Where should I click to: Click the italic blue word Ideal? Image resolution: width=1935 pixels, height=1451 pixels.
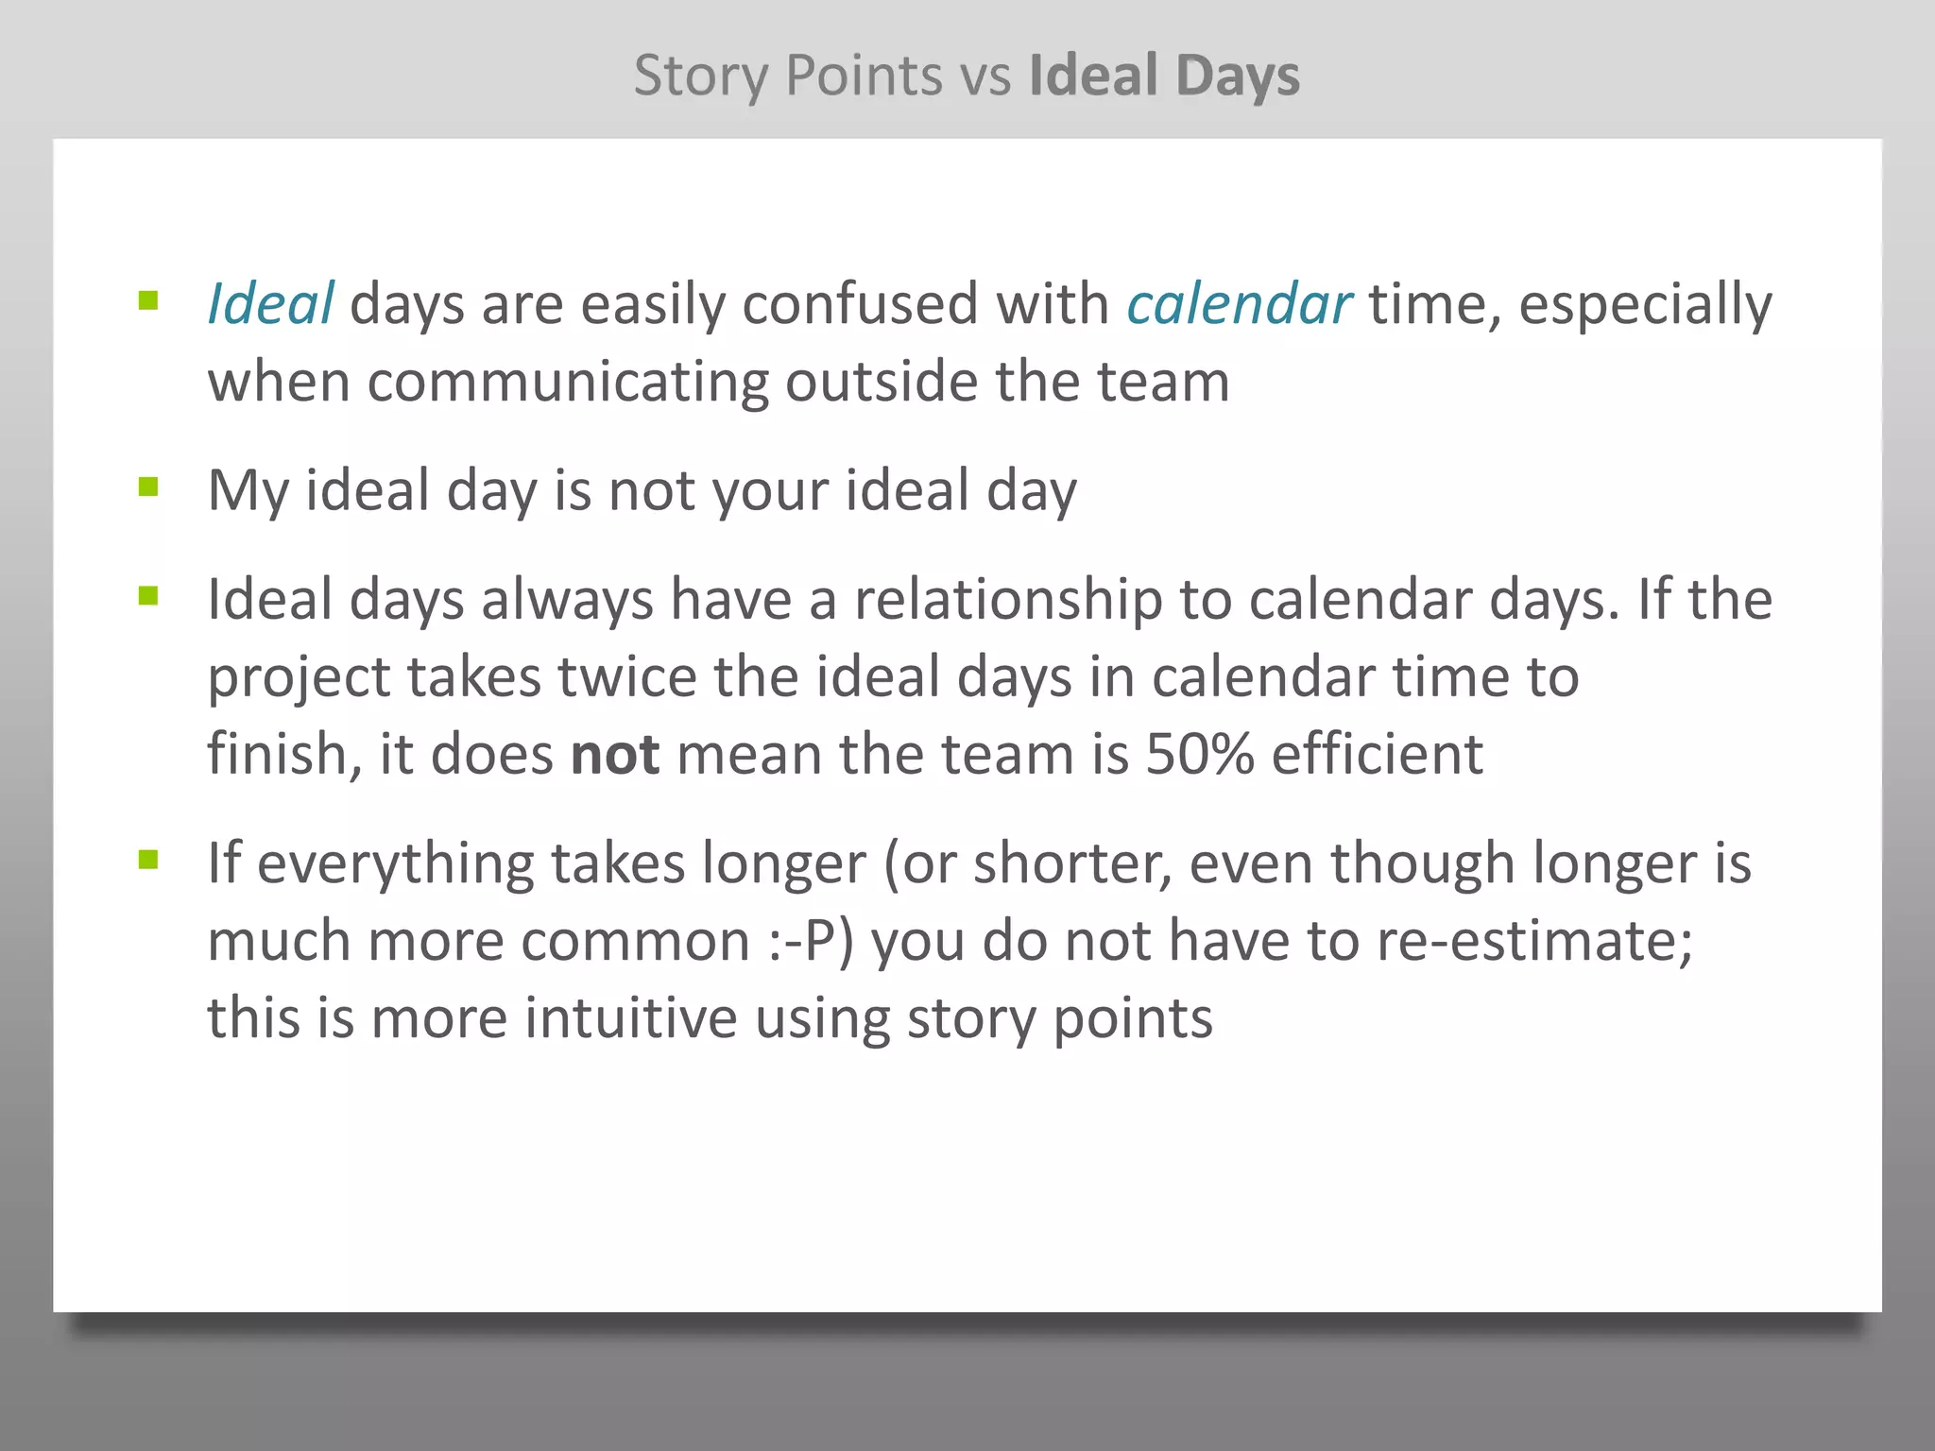click(x=270, y=304)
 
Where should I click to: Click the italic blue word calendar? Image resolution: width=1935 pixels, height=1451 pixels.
click(x=1239, y=304)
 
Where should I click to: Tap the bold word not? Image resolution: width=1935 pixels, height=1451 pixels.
click(x=615, y=755)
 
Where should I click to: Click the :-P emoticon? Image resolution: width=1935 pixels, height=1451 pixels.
click(x=810, y=942)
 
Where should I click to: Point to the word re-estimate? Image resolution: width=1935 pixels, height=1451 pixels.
click(x=1533, y=942)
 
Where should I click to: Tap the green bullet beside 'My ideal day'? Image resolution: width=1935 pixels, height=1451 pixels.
click(x=148, y=487)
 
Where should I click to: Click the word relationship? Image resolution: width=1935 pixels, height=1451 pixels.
click(x=1008, y=601)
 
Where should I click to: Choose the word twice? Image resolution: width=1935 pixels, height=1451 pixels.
click(x=627, y=677)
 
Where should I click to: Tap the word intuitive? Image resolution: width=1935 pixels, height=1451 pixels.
click(x=630, y=1019)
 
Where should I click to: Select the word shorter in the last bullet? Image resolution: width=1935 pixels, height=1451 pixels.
click(x=1072, y=864)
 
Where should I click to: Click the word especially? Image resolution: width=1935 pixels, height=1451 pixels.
click(x=1645, y=306)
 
